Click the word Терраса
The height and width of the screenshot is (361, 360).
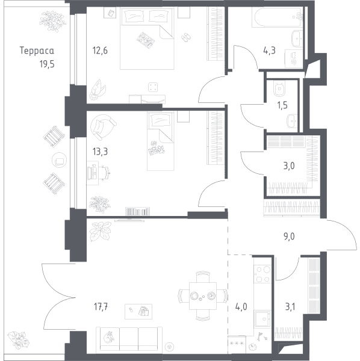[x=37, y=51]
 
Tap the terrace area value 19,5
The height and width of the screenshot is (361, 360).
[x=47, y=64]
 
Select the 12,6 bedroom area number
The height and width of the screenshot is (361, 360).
[x=100, y=51]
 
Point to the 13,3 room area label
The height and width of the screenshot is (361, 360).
[x=100, y=152]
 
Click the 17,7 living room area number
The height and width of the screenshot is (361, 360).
[x=101, y=307]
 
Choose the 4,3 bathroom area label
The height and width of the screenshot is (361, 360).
[x=269, y=51]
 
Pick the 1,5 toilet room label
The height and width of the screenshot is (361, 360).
[x=282, y=105]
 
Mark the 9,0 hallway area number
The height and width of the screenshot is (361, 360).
[x=289, y=236]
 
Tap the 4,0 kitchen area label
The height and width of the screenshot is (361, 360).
[x=241, y=307]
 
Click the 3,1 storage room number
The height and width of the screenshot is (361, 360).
[x=290, y=307]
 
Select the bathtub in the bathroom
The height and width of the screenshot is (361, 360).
[x=277, y=17]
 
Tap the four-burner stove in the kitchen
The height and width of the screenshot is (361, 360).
[x=263, y=274]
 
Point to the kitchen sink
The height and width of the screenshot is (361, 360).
[x=262, y=318]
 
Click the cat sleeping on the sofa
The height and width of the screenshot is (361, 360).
[x=109, y=338]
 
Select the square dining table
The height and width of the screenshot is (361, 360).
[x=203, y=296]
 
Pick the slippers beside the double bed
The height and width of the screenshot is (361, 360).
[x=185, y=37]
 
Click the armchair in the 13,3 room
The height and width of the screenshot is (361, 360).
[x=103, y=127]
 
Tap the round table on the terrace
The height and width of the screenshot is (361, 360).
[x=60, y=160]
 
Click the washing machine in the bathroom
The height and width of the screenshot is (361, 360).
[x=294, y=59]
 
